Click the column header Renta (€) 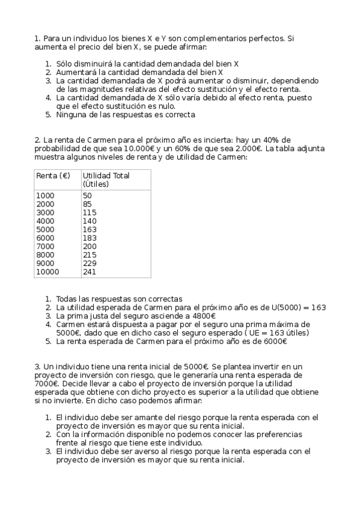click(53, 176)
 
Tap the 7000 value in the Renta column click(46, 246)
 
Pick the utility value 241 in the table click(90, 271)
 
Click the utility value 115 click(90, 212)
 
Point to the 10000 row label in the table click(48, 271)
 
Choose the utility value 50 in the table click(87, 196)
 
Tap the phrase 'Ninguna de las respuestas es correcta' click(126, 114)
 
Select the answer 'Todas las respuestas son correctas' click(119, 299)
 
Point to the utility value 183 click(90, 238)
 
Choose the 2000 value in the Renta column click(46, 204)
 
